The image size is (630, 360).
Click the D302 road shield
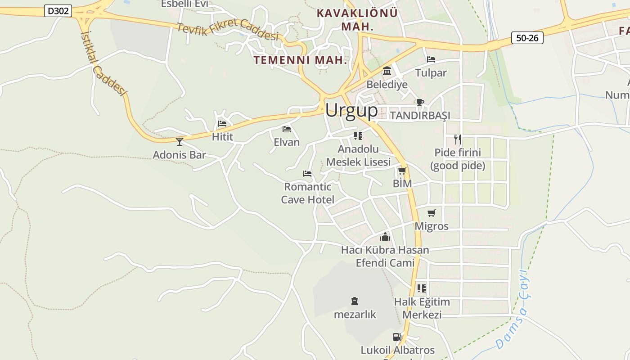[x=58, y=11]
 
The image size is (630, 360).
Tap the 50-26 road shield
[x=527, y=38]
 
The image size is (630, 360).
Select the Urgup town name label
[x=351, y=110]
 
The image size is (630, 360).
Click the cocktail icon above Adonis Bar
[x=180, y=142]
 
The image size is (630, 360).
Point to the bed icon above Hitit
[x=222, y=123]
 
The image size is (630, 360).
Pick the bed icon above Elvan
[x=287, y=129]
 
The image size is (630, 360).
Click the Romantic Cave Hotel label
[x=308, y=193]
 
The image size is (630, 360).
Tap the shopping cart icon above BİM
[x=402, y=171]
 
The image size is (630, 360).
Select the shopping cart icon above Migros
[x=432, y=213]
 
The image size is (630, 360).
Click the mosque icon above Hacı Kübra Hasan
[x=385, y=237]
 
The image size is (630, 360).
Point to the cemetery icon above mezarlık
[x=355, y=301]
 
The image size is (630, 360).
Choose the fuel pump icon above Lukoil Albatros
[x=397, y=337]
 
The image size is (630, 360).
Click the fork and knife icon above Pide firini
[x=457, y=139]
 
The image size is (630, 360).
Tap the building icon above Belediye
[x=387, y=71]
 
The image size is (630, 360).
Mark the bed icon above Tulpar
[x=431, y=59]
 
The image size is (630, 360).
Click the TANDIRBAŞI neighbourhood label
[x=420, y=116]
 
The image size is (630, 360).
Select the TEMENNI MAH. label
[x=300, y=60]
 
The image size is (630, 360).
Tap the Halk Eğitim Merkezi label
[x=422, y=308]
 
